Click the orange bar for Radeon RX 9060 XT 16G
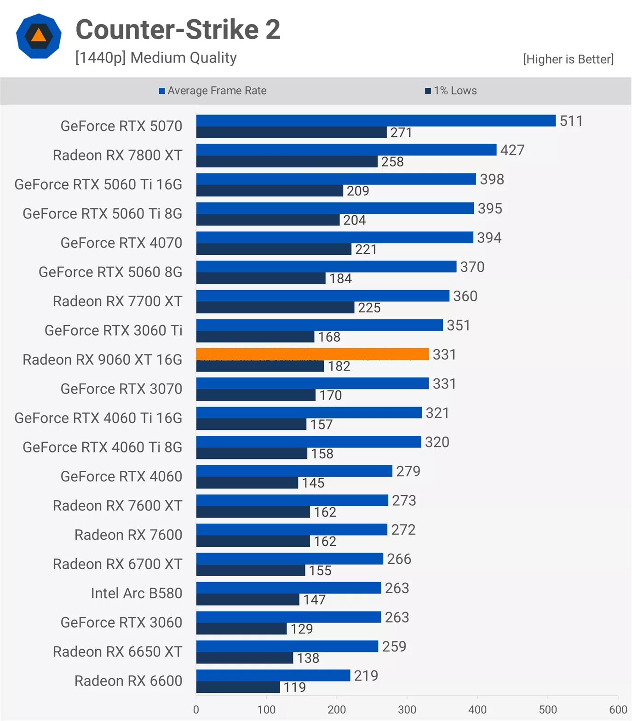[312, 354]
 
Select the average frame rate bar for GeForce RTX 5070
[376, 120]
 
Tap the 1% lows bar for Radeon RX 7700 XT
[275, 308]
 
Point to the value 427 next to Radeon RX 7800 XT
[512, 150]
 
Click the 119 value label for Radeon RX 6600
[295, 687]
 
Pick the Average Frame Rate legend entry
[213, 91]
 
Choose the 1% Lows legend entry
[451, 91]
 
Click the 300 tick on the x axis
[407, 710]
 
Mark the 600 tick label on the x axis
[618, 710]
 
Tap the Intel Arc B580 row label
[136, 593]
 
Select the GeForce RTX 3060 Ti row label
[113, 330]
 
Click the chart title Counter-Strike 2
[178, 29]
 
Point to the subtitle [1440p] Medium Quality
[156, 58]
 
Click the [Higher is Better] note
[568, 59]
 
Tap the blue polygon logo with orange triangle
[39, 36]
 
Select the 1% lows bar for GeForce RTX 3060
[241, 629]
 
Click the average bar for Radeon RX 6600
[273, 675]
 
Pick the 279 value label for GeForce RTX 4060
[408, 471]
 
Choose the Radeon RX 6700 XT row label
[117, 564]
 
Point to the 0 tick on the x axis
[196, 710]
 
